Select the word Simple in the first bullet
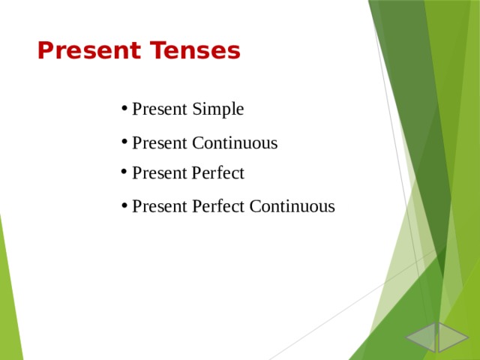tap(218, 109)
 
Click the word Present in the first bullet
tap(160, 109)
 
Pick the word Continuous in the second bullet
tap(235, 142)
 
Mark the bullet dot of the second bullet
tap(123, 142)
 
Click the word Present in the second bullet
tap(160, 142)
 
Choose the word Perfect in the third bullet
tap(218, 173)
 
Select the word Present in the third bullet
tap(160, 173)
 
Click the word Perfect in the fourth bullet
tap(218, 206)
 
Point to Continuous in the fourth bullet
tap(292, 206)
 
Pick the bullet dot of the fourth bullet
tap(123, 206)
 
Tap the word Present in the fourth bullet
tap(160, 206)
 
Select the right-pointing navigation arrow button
tap(452, 337)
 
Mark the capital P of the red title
tap(44, 51)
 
